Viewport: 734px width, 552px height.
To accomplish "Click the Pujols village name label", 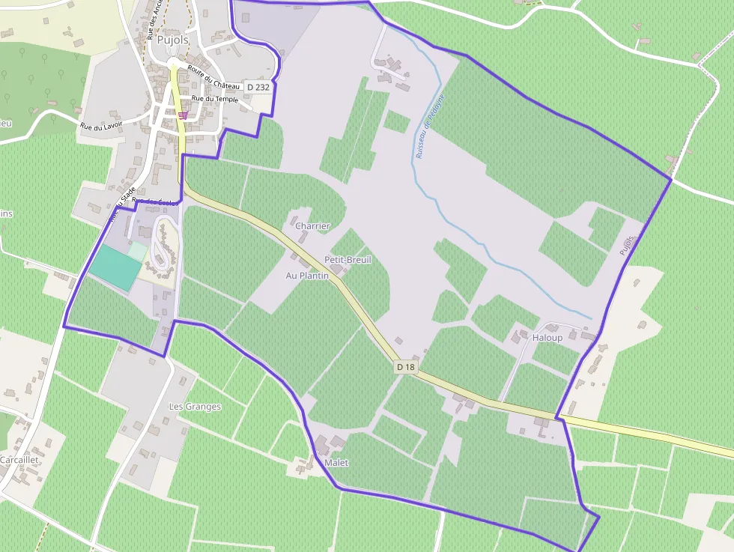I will (x=172, y=40).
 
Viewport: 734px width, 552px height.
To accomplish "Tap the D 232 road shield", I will (x=257, y=88).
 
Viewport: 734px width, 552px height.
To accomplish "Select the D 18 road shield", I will (x=406, y=367).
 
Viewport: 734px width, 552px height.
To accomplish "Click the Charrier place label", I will (x=312, y=226).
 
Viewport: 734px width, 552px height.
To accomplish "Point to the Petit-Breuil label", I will (x=348, y=259).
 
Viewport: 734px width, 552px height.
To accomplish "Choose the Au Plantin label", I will (x=307, y=276).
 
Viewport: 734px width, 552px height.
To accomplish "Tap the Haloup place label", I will (x=547, y=338).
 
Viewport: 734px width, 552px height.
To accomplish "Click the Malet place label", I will (x=337, y=463).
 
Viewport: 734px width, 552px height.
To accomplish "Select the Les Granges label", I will (x=195, y=407).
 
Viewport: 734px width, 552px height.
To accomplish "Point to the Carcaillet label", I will (x=19, y=459).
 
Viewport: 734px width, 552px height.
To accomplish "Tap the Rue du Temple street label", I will (x=215, y=99).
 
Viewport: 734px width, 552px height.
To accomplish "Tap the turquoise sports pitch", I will (x=113, y=267).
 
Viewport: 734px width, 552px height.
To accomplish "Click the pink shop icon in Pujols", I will (x=183, y=115).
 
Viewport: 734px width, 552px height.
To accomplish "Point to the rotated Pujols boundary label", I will (x=628, y=245).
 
